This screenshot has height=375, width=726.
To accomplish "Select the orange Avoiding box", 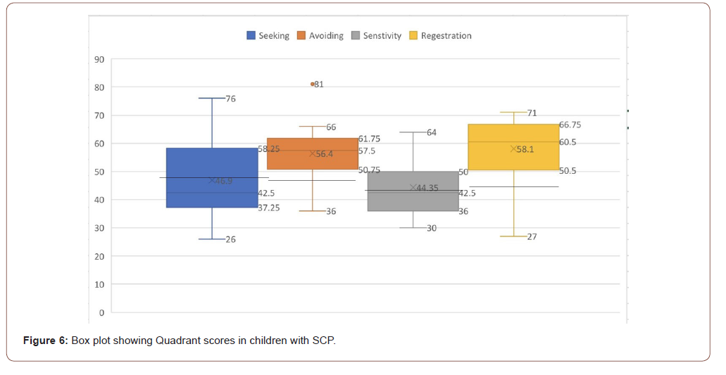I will tap(313, 153).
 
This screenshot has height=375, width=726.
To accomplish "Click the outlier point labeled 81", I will tap(313, 84).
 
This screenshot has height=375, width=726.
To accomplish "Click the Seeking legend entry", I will tap(268, 36).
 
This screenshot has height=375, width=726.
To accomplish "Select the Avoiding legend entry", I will tap(320, 36).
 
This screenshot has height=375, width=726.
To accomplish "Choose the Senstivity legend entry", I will tap(377, 36).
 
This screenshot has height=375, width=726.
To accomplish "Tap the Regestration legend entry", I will tap(440, 36).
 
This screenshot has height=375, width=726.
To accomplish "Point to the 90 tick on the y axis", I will tap(99, 59).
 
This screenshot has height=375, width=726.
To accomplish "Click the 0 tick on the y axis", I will tap(101, 312).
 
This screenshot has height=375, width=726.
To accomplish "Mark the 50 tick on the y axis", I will tap(99, 172).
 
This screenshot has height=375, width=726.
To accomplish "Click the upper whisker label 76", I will tap(231, 98).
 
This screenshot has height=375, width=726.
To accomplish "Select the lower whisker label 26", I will tap(231, 239).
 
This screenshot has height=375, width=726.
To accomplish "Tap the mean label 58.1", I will tap(525, 149).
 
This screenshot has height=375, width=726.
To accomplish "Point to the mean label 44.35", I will tap(427, 188).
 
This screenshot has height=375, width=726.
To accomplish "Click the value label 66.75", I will tap(570, 125).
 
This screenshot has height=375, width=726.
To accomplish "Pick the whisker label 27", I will tap(532, 236).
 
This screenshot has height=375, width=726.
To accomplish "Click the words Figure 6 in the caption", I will tap(45, 341).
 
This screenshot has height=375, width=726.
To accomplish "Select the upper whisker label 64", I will tap(432, 132).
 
